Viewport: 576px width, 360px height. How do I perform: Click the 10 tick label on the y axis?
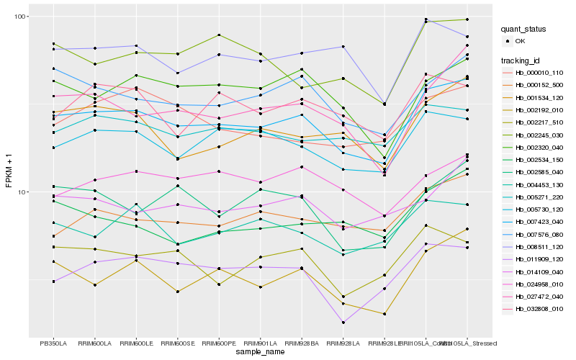pyautogui.click(x=21, y=192)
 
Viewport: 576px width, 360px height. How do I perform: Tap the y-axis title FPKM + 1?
pyautogui.click(x=9, y=177)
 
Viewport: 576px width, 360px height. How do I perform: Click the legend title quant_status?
pyautogui.click(x=526, y=30)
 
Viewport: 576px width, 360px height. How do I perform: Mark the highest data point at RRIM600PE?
pyautogui.click(x=219, y=35)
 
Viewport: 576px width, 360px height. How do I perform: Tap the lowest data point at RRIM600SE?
pyautogui.click(x=177, y=292)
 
